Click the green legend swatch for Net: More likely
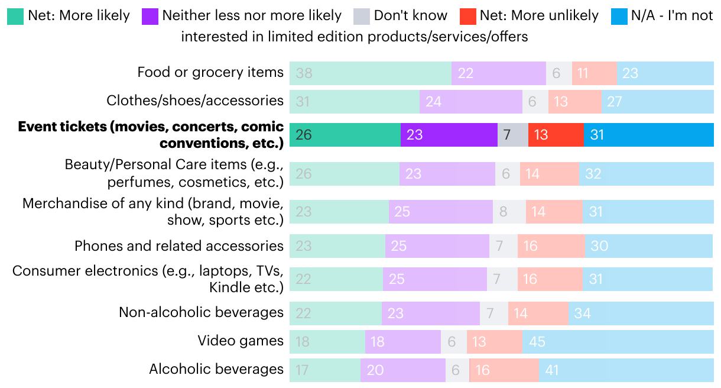[x=15, y=16]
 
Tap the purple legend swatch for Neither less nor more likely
[x=150, y=16]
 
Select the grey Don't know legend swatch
[x=362, y=16]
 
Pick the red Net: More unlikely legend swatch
[x=468, y=16]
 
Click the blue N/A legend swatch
[x=619, y=16]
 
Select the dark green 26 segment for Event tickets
[x=345, y=135]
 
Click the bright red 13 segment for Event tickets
[x=556, y=135]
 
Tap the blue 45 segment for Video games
[x=618, y=342]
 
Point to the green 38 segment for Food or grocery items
[x=370, y=73]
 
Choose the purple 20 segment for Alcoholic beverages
[x=402, y=370]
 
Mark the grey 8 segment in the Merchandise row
[x=509, y=212]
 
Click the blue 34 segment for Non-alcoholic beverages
[x=641, y=312]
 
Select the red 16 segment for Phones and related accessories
[x=551, y=246]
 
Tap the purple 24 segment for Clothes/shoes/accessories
[x=470, y=102]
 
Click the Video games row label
[x=241, y=341]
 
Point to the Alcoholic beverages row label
[x=216, y=369]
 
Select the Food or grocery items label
[x=210, y=72]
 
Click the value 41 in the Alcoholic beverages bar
[x=552, y=370]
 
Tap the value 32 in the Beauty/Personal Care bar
[x=593, y=174]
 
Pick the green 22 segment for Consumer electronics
[x=336, y=279]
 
